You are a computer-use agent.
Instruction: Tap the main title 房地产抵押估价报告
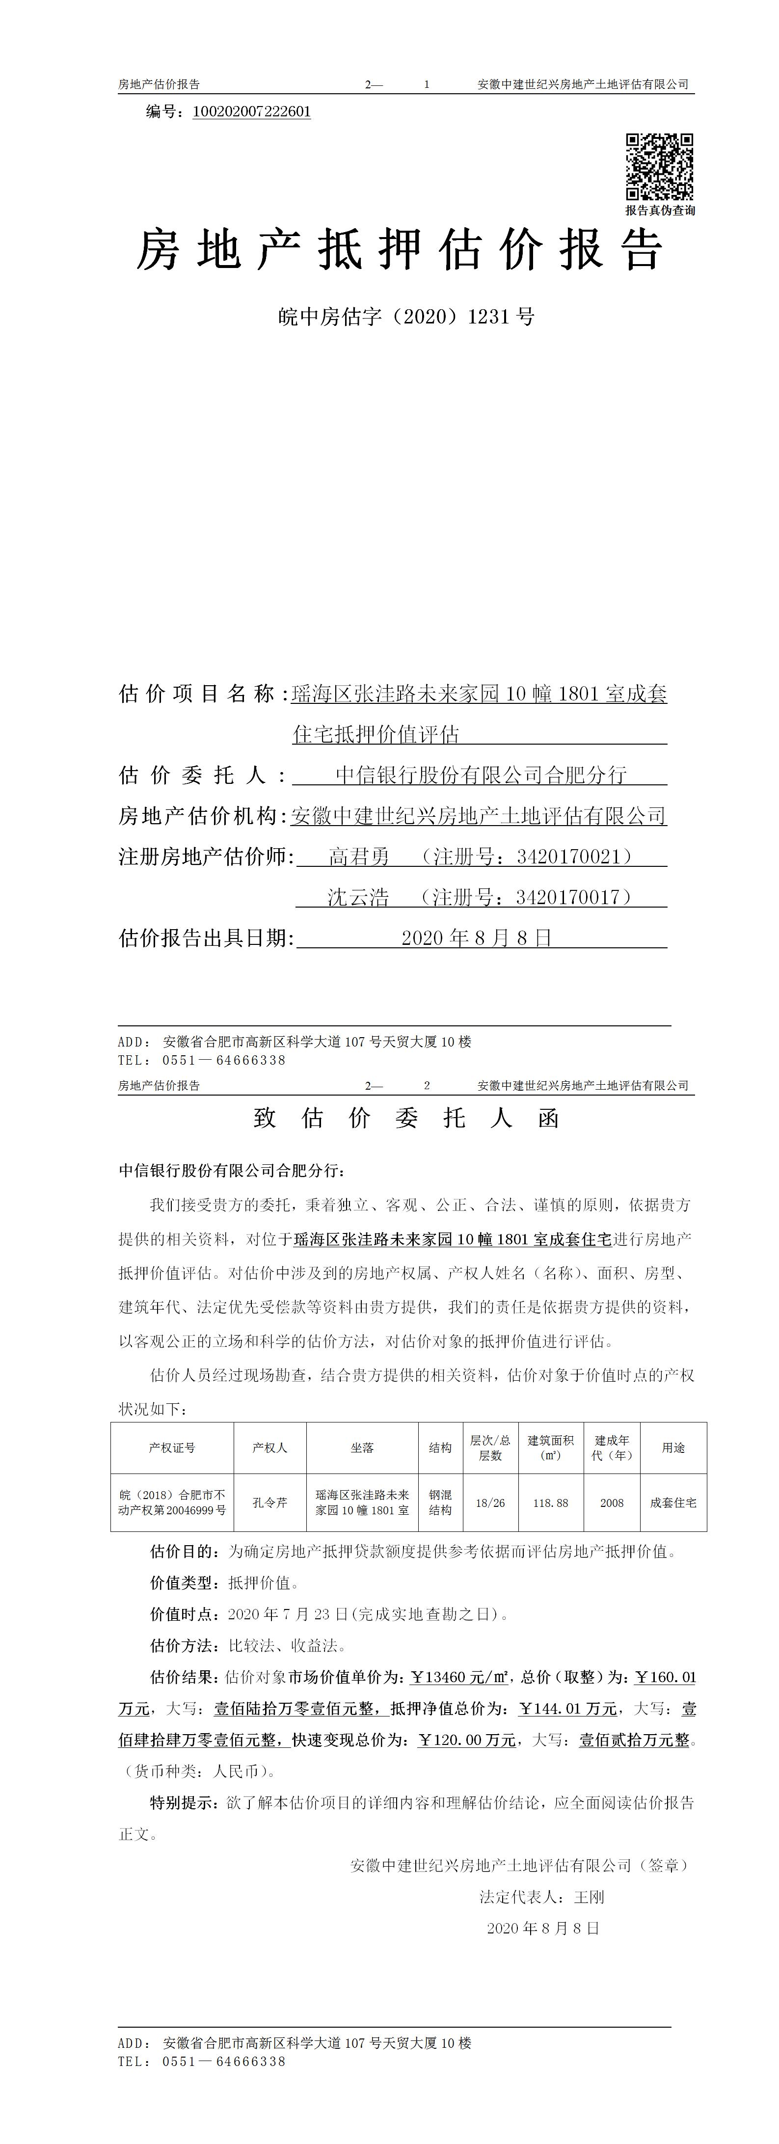click(400, 250)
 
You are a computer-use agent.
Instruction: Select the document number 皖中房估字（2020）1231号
click(406, 317)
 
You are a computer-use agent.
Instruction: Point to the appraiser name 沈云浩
click(358, 897)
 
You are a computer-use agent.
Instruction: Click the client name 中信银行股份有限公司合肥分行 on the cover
click(481, 775)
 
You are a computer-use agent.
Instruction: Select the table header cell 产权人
click(269, 1448)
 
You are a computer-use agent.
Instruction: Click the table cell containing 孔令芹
click(269, 1503)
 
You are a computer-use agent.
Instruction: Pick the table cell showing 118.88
click(551, 1503)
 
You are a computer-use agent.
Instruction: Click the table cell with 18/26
click(490, 1503)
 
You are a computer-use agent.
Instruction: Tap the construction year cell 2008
click(612, 1503)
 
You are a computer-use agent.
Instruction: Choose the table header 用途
click(673, 1448)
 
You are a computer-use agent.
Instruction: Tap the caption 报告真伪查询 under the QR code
click(660, 211)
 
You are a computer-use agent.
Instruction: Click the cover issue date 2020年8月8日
click(477, 938)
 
